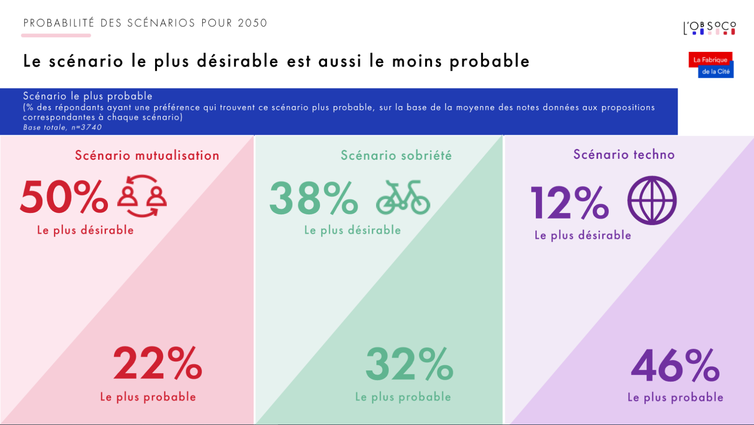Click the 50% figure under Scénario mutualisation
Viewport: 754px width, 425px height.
point(64,197)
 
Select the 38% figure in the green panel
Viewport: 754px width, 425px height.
point(313,198)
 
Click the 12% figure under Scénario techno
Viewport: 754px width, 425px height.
point(570,203)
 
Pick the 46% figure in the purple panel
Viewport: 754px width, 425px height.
point(675,365)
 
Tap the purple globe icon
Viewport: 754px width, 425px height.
point(652,200)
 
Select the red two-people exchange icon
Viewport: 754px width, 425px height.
point(142,196)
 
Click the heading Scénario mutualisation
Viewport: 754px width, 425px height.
point(147,155)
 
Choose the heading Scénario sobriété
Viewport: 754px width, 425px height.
point(396,155)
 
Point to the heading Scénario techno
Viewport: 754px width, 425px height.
point(624,155)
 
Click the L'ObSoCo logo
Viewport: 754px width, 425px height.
point(709,28)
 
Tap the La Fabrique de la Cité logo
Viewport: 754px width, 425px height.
point(711,65)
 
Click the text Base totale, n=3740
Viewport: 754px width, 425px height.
point(62,127)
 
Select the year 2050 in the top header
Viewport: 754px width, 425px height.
point(253,23)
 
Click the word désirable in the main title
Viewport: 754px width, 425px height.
point(238,61)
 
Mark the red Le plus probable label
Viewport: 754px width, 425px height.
point(148,397)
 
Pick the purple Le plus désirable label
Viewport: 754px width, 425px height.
point(582,235)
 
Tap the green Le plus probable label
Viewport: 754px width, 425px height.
point(403,397)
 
